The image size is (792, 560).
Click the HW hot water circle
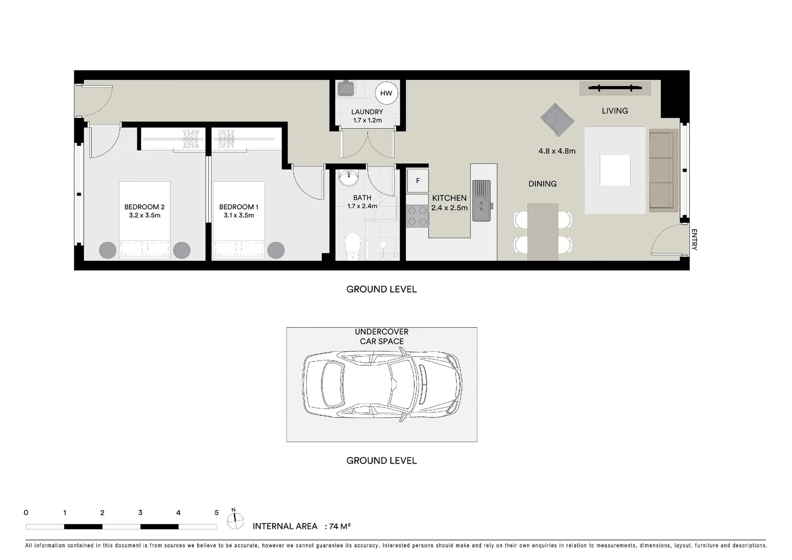386,93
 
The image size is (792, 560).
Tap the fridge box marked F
418,181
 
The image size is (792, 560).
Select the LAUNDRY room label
367,112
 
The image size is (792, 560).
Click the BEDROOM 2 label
144,207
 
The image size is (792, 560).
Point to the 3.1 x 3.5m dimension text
238,215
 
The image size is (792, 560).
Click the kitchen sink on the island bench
482,201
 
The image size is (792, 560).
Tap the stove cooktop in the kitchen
417,216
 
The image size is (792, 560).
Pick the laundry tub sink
346,89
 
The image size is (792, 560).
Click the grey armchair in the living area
557,120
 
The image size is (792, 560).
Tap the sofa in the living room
663,171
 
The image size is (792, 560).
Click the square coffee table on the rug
615,170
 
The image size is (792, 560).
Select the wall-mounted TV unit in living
615,88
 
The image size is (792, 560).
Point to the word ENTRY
694,240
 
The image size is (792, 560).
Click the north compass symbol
235,520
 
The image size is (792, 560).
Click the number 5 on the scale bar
217,513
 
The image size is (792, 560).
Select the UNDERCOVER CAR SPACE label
381,337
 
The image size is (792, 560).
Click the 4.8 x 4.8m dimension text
557,151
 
